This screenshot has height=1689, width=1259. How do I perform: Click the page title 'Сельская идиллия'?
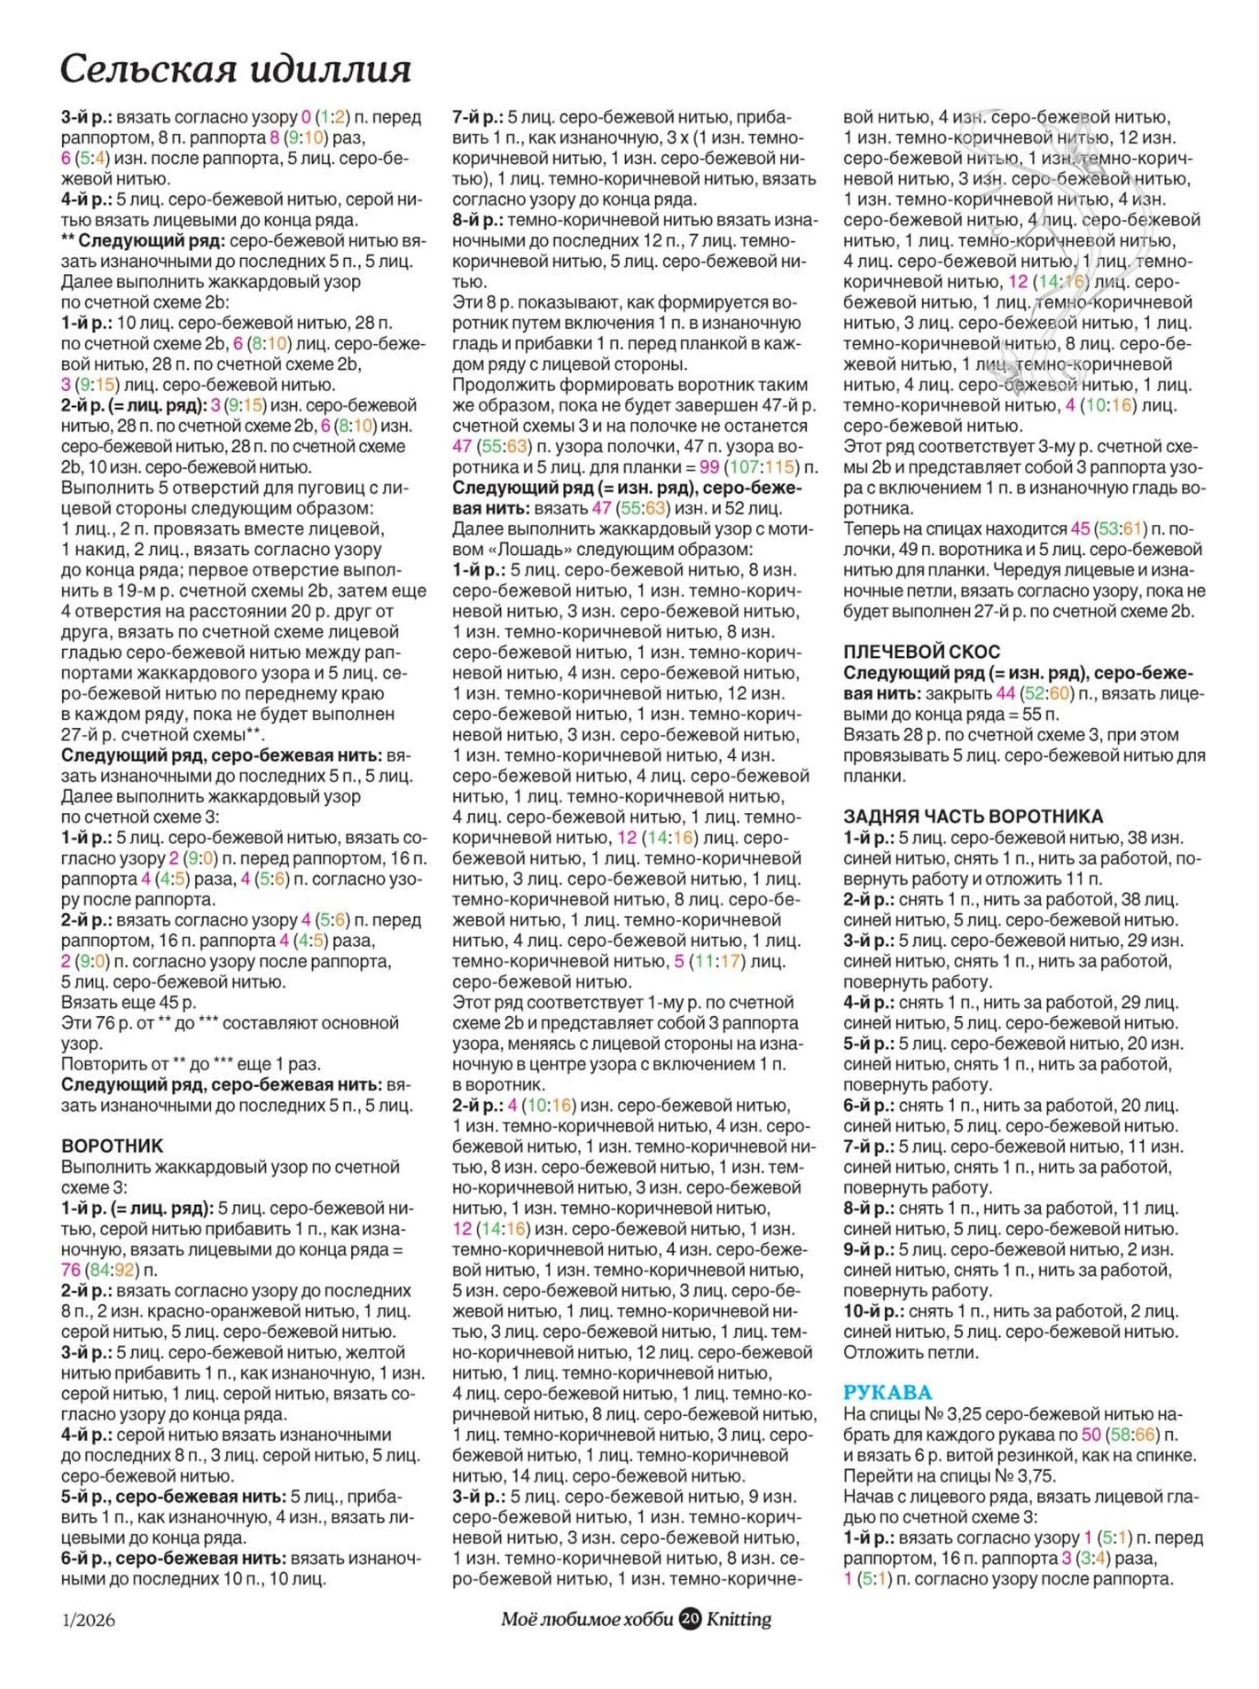(236, 69)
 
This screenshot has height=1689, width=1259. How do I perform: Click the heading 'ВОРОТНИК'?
(113, 1146)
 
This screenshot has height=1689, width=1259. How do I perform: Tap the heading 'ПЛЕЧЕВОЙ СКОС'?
(921, 652)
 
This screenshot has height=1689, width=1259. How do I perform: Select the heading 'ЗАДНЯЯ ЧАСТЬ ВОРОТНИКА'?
(973, 817)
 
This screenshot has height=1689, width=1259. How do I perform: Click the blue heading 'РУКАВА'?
(888, 1393)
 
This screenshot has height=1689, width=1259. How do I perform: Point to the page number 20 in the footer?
(690, 1619)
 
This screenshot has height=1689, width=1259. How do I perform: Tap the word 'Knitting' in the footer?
(739, 1619)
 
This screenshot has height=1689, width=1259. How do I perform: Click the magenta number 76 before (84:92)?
(71, 1271)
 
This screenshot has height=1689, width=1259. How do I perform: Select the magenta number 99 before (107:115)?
(708, 467)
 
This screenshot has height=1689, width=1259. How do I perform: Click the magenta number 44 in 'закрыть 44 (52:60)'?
(1005, 693)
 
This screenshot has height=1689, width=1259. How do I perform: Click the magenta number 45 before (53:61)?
(1080, 528)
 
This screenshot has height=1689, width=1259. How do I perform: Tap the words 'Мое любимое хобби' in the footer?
(587, 1619)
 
